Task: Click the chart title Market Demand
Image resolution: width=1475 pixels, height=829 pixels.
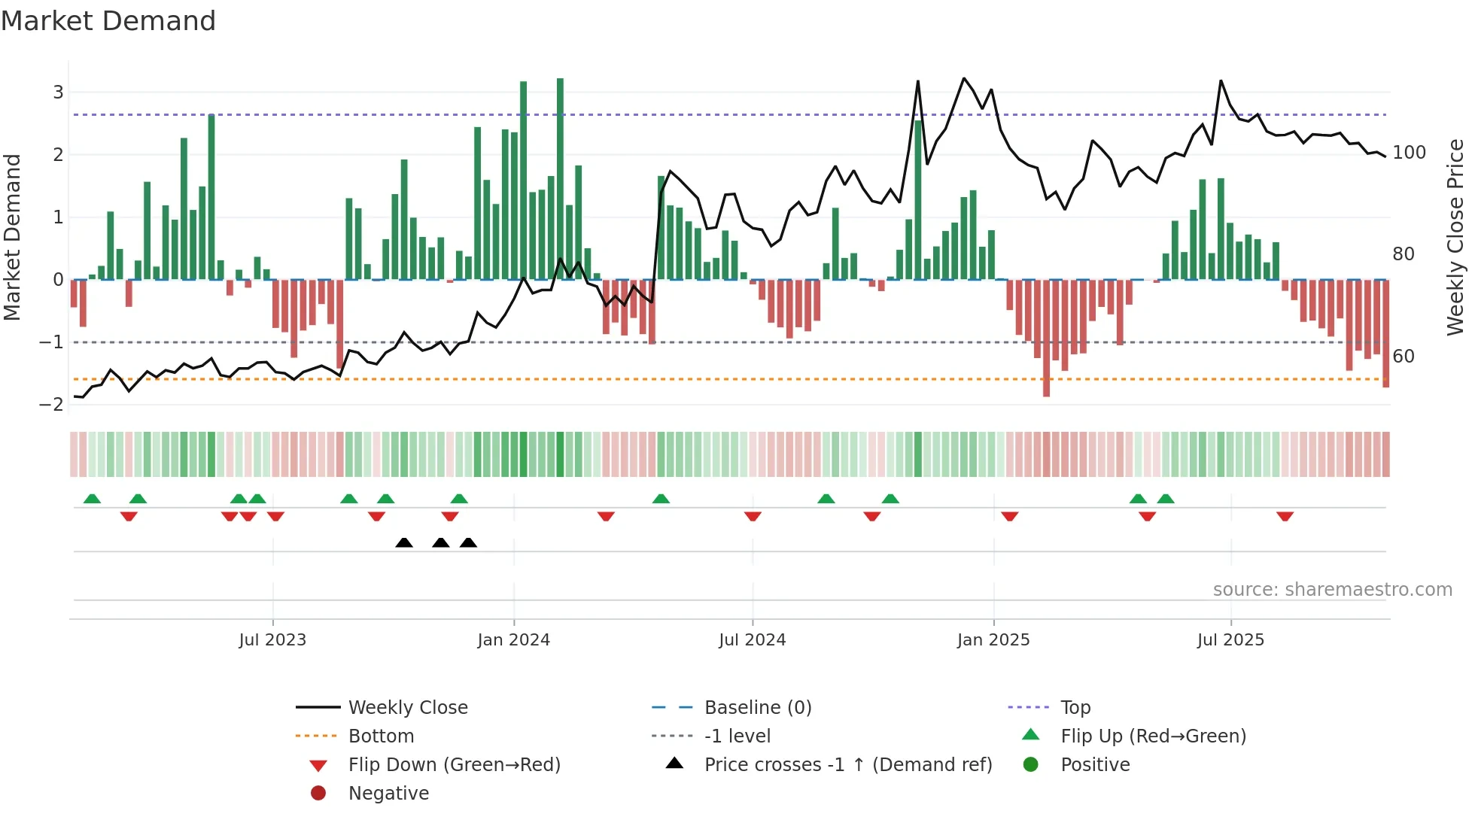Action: pos(108,21)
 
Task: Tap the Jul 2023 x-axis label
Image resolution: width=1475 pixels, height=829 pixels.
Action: pos(272,640)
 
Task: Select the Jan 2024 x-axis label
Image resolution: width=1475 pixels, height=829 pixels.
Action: pos(514,640)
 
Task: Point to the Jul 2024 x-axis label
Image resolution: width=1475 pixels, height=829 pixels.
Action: pos(753,640)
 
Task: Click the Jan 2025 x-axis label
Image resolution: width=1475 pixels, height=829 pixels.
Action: pos(993,640)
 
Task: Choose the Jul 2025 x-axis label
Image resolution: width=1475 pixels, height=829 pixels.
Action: pos(1231,640)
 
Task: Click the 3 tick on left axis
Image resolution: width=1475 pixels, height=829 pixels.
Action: pos(58,93)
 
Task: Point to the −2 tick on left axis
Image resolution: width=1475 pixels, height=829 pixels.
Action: pos(52,405)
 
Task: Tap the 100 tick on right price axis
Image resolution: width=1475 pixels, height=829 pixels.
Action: pos(1409,153)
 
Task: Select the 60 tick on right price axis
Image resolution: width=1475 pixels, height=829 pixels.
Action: pos(1404,357)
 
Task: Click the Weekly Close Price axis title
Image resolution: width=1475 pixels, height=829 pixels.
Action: pos(1455,237)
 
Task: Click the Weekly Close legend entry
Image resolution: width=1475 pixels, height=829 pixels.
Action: pos(408,708)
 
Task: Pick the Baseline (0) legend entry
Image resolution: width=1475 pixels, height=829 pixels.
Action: pos(758,708)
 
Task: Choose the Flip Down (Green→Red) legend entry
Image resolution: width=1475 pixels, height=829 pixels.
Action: pos(454,765)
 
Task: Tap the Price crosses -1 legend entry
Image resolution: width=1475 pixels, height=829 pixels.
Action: pos(848,765)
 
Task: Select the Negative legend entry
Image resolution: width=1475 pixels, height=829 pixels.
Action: pos(388,794)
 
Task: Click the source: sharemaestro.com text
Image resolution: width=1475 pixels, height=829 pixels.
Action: pos(1332,590)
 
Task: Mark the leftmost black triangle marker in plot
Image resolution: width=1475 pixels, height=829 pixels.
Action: pos(404,543)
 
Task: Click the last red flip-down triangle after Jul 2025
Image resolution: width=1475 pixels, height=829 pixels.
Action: pos(1285,516)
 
